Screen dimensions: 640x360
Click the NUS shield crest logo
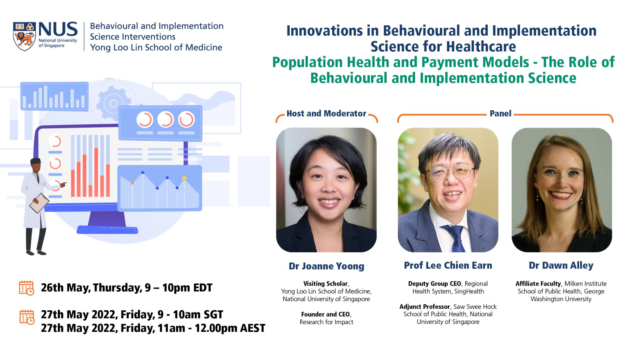tap(24, 36)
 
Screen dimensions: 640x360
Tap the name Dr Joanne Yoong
tap(326, 266)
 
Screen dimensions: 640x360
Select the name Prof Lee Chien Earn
tap(448, 265)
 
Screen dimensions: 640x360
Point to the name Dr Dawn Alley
tap(561, 265)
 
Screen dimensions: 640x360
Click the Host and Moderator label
tap(326, 113)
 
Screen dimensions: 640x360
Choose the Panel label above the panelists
tap(500, 113)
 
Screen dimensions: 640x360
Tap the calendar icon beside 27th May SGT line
tap(27, 317)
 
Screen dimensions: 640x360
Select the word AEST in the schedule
tap(252, 328)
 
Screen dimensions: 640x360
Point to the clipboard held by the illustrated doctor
tap(39, 203)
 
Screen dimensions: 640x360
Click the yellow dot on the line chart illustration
tap(184, 178)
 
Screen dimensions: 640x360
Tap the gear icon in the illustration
tap(113, 103)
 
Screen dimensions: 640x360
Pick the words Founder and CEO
tap(325, 314)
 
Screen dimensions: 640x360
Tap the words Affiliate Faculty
tap(538, 283)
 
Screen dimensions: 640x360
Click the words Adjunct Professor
tap(425, 307)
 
